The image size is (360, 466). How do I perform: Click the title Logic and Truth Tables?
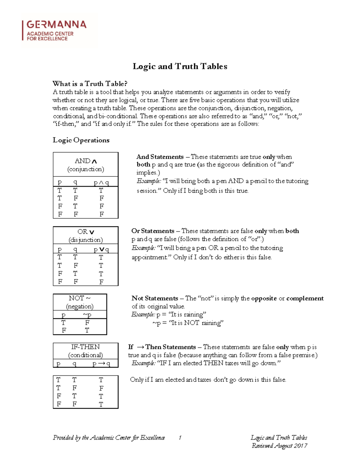point(180,66)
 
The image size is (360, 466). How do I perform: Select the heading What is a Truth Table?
point(90,83)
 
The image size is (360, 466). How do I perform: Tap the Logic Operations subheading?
point(81,140)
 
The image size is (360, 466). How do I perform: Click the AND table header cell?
point(85,165)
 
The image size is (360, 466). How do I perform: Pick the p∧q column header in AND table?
point(101,182)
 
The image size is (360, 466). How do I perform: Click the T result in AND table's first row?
point(101,191)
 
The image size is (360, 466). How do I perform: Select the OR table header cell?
point(85,236)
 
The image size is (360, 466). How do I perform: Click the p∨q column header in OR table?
point(101,250)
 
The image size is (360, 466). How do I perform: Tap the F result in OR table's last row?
point(101,282)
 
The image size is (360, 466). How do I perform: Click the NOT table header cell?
point(80,302)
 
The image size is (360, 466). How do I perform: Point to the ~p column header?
point(87,315)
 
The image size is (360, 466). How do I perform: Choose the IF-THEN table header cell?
point(85,351)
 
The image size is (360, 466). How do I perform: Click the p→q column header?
point(101,364)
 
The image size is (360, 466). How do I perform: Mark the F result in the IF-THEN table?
point(101,388)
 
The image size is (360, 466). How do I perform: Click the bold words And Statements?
point(160,157)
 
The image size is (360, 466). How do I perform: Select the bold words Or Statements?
point(153,231)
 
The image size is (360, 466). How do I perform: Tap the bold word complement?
point(305,298)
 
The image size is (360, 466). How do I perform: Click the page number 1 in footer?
point(180,438)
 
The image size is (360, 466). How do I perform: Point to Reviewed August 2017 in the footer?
point(279,446)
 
